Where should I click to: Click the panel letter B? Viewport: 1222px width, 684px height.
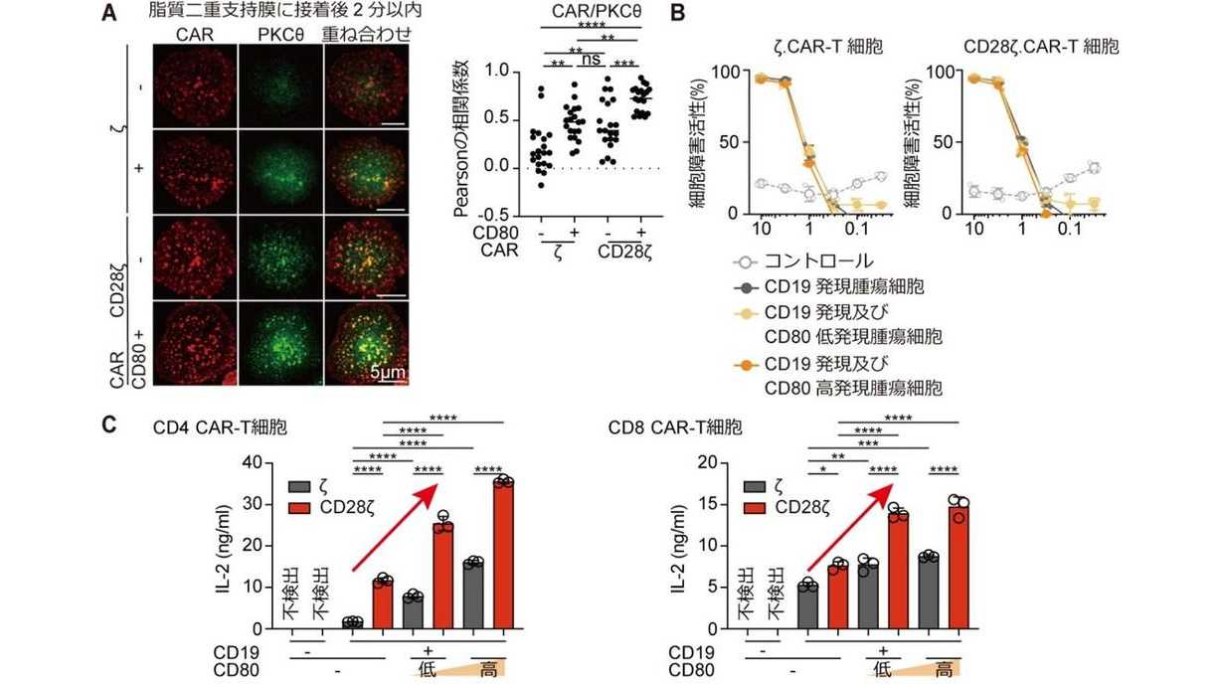click(x=678, y=14)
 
